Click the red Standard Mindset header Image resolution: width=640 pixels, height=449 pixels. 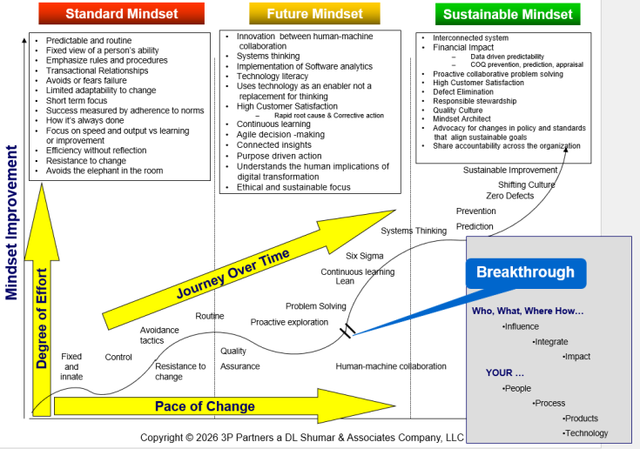122,13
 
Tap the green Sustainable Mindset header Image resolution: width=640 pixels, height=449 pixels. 509,14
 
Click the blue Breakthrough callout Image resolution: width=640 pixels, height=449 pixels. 525,272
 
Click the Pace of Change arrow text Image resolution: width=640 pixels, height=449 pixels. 205,406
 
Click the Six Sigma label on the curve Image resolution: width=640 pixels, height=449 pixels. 364,256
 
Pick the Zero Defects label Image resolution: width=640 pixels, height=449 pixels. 509,197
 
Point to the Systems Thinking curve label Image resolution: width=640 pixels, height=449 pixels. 414,231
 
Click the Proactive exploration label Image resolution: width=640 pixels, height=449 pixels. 289,322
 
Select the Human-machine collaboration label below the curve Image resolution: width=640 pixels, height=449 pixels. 391,366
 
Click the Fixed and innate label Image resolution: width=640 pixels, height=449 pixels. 71,366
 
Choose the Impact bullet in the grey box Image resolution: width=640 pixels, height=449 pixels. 577,357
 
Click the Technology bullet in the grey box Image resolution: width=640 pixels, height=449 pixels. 586,433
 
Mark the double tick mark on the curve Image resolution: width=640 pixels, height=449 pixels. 347,331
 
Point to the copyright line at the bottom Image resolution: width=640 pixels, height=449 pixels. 302,437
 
